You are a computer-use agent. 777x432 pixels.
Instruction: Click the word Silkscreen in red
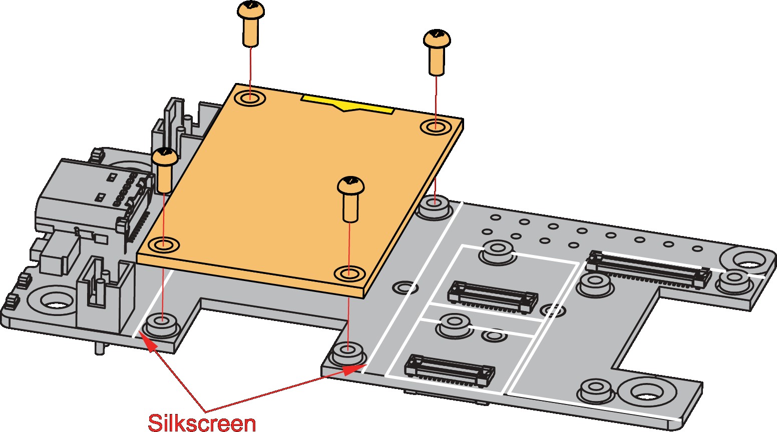pyautogui.click(x=202, y=422)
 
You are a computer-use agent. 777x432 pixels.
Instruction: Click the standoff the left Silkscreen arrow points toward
pyautogui.click(x=162, y=324)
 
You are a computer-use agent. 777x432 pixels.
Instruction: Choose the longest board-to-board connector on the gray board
pyautogui.click(x=648, y=270)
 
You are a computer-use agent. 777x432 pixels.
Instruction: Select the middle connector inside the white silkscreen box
pyautogui.click(x=493, y=298)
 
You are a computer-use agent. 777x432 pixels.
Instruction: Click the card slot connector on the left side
pyautogui.click(x=95, y=195)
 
